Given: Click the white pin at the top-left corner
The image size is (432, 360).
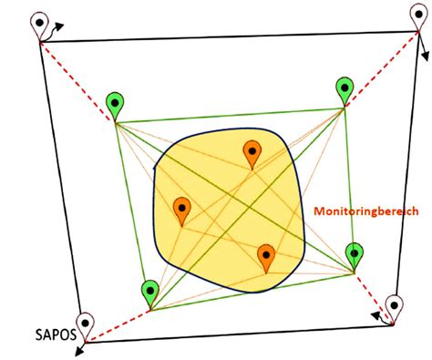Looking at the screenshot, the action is tap(39, 24).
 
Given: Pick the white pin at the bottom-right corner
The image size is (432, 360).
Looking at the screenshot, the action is tap(395, 306).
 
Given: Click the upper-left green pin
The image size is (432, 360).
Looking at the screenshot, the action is tap(115, 104).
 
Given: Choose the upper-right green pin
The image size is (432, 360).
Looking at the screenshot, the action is tap(345, 89).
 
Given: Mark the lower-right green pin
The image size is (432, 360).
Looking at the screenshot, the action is tap(355, 253).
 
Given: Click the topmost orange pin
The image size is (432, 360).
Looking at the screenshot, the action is tap(252, 152).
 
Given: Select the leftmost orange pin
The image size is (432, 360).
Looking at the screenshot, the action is tap(181, 209).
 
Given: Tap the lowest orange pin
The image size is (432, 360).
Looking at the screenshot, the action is tap(266, 256).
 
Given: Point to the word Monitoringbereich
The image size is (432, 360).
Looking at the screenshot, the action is tap(366, 210).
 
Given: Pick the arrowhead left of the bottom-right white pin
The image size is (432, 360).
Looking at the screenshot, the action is tap(375, 315).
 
